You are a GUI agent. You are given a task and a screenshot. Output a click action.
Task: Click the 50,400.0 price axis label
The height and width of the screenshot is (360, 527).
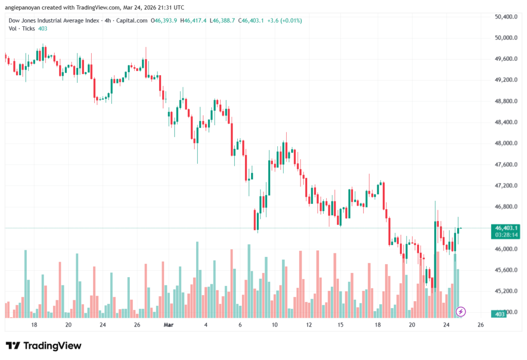[505, 16]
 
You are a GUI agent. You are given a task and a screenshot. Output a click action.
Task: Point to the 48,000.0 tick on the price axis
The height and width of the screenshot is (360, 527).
[505, 143]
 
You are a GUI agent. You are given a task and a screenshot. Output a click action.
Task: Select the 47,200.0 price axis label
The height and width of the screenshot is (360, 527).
[505, 185]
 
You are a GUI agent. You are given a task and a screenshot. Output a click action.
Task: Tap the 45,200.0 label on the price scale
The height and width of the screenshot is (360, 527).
[505, 291]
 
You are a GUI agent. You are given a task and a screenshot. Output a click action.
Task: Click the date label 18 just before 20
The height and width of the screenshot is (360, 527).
[34, 325]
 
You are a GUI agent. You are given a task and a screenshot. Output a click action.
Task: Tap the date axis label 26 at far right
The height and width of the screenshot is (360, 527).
[480, 325]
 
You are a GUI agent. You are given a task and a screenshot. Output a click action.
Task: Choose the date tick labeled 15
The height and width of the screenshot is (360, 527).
[340, 325]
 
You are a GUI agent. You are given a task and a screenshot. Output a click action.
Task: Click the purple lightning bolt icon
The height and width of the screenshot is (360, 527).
[461, 311]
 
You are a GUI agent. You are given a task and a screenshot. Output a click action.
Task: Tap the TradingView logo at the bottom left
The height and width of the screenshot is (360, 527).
[44, 346]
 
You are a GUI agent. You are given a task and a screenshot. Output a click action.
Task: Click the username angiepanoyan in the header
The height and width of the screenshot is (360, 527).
[24, 7]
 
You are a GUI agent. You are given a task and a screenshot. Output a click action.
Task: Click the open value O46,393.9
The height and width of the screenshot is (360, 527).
[164, 21]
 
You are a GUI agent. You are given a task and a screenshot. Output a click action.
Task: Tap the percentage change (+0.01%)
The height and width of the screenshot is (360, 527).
[290, 21]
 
